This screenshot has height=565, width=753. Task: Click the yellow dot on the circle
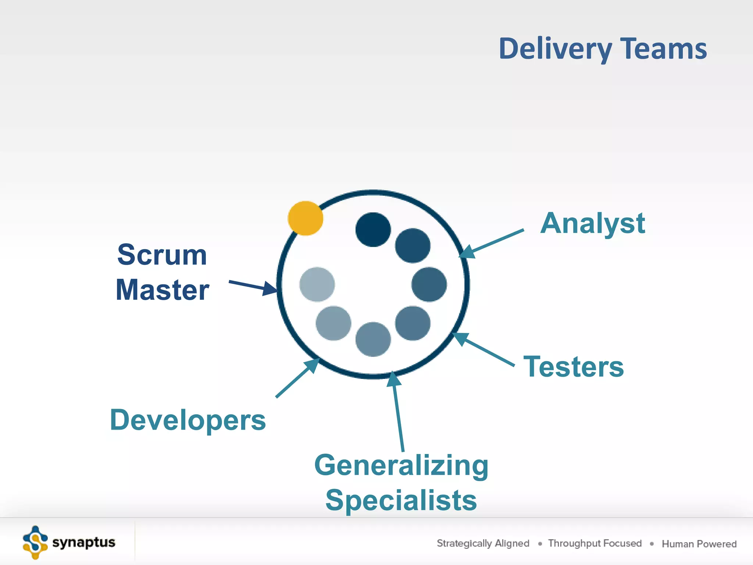point(305,218)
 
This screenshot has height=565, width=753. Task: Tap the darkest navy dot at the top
point(373,230)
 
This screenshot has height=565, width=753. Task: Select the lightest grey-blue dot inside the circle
point(317,284)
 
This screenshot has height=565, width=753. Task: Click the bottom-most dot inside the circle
point(373,339)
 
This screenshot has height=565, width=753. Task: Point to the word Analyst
point(592,223)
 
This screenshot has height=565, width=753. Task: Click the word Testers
point(574,367)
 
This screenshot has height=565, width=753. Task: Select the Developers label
point(188,420)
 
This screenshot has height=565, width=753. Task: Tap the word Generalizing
point(401,465)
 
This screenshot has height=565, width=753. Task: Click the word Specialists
point(401,500)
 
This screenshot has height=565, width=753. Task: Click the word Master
point(162,290)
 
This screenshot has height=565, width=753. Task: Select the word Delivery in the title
point(555,49)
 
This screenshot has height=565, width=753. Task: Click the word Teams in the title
point(664,49)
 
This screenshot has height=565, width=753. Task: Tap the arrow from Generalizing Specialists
point(398,412)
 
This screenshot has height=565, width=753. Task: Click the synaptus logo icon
point(35,543)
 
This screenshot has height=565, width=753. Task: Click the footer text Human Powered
point(699,544)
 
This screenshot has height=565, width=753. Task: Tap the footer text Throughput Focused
point(595,543)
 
